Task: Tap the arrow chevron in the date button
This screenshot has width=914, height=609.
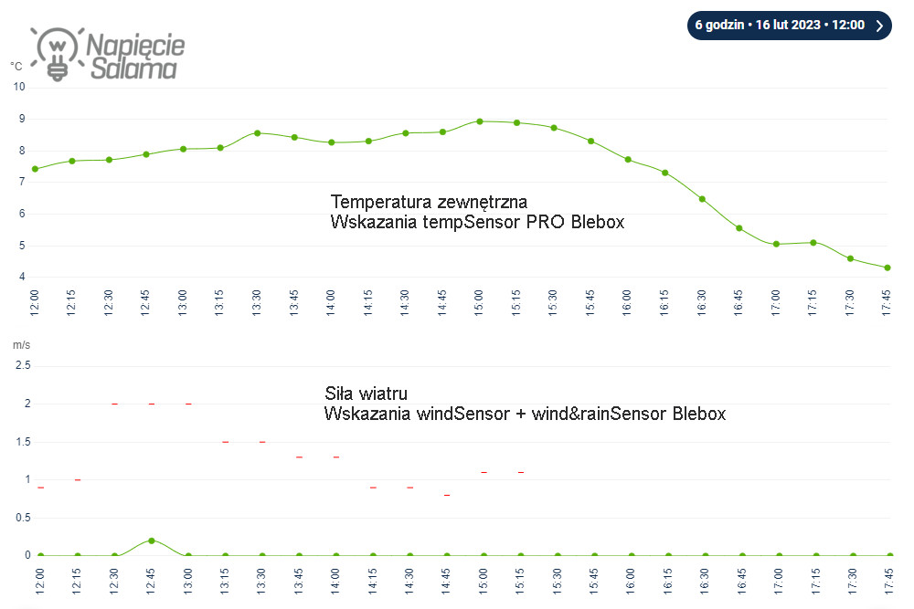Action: (x=878, y=26)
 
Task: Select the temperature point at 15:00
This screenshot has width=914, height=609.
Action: (x=480, y=121)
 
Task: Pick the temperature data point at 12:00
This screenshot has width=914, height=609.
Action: (x=36, y=169)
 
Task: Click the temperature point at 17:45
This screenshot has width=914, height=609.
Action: (x=887, y=268)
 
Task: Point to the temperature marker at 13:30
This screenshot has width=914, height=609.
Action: (x=258, y=132)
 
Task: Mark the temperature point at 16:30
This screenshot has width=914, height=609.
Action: (x=702, y=199)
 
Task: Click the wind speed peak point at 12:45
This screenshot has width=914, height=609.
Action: (x=152, y=541)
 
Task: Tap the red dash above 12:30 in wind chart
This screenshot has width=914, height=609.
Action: (x=115, y=404)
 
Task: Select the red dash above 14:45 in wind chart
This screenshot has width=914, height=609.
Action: (x=447, y=495)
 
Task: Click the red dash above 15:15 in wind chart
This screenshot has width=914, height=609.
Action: (x=521, y=472)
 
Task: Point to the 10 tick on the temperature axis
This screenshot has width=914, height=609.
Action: (x=19, y=87)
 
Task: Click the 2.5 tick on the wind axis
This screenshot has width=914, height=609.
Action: (x=23, y=365)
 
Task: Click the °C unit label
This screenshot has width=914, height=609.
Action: (x=16, y=66)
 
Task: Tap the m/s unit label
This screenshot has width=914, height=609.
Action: (x=20, y=344)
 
